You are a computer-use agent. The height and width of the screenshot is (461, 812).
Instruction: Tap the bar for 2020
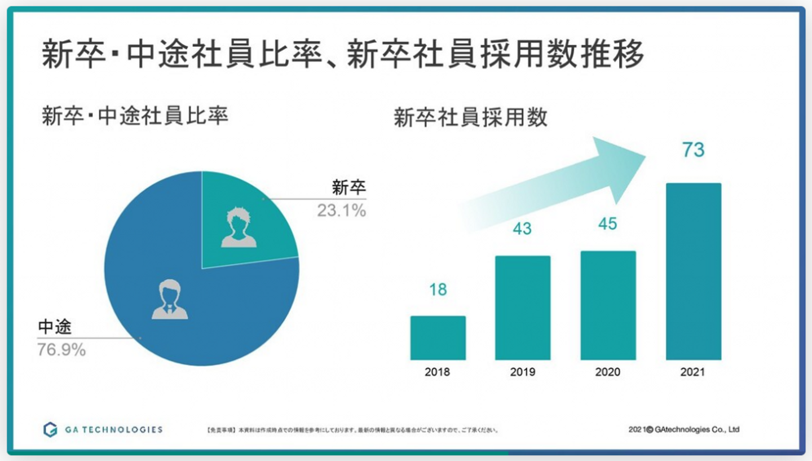click(608, 305)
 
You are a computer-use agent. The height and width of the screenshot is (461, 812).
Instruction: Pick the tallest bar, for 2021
click(693, 271)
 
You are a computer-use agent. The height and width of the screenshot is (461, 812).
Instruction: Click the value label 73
click(693, 150)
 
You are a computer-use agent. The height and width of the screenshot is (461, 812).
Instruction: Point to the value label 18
click(438, 289)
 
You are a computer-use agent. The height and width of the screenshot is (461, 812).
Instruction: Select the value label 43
click(522, 229)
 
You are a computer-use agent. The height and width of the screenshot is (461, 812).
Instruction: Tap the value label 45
click(607, 224)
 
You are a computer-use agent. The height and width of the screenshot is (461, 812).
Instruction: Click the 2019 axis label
click(523, 372)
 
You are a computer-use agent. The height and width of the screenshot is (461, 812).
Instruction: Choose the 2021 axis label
click(693, 372)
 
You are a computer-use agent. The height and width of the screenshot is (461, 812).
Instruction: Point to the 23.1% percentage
click(341, 211)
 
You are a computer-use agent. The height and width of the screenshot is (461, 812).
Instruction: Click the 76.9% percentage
click(61, 350)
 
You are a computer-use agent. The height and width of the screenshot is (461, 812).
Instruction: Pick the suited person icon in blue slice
click(169, 299)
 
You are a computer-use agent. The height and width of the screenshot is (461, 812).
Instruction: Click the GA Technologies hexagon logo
click(50, 429)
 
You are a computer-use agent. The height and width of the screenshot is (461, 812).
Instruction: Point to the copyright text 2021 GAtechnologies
click(683, 429)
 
